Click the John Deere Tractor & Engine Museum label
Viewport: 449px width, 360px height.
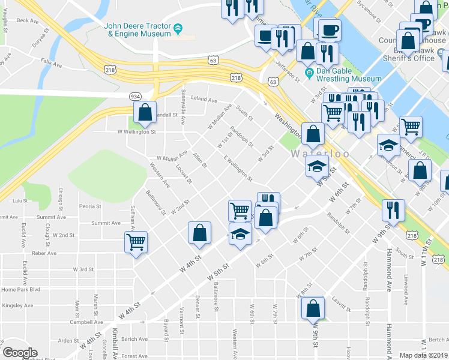pyautogui.click(x=137, y=30)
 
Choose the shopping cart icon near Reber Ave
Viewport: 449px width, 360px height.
pyautogui.click(x=136, y=243)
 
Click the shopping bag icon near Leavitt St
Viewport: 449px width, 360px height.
pyautogui.click(x=313, y=308)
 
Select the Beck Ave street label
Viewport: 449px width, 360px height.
pyautogui.click(x=27, y=20)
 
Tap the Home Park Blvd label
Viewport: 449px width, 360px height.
pyautogui.click(x=20, y=289)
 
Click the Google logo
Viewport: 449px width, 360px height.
pyautogui.click(x=19, y=352)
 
